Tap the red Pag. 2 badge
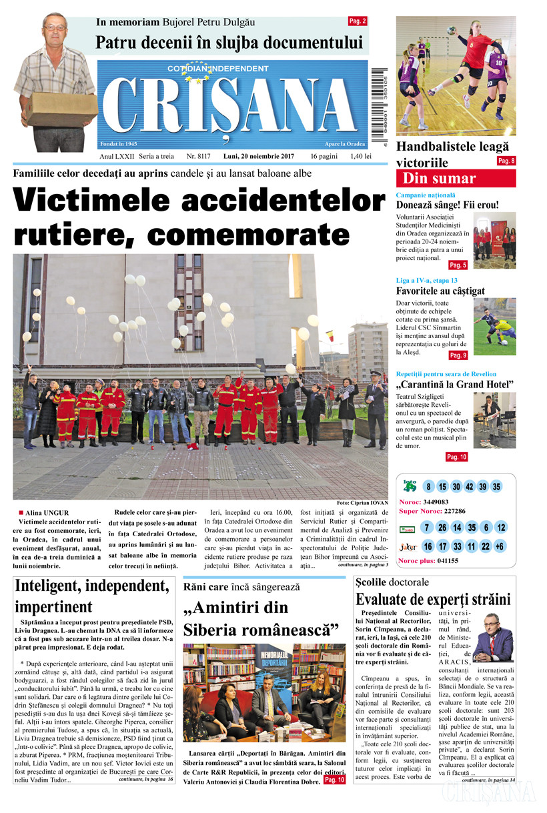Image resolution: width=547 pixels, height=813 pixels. (x=358, y=21)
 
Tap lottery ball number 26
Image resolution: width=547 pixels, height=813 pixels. (x=442, y=528)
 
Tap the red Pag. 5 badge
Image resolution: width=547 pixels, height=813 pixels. (x=458, y=265)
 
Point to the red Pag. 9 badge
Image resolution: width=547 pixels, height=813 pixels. (x=458, y=355)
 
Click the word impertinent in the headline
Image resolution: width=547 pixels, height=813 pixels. (x=53, y=607)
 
